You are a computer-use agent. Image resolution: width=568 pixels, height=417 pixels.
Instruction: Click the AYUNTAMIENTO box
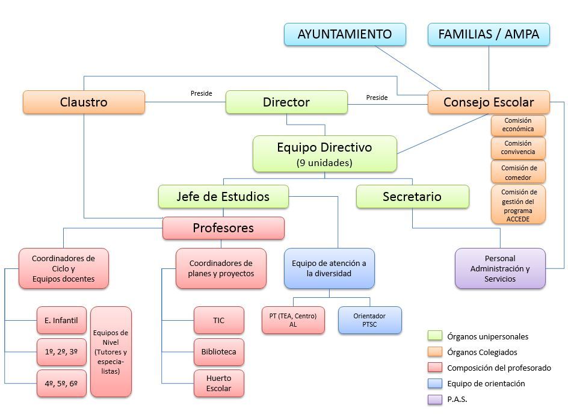click(x=345, y=34)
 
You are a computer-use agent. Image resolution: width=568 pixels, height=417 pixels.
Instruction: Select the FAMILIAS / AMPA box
click(x=489, y=34)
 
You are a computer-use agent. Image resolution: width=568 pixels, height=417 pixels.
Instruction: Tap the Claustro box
click(x=84, y=102)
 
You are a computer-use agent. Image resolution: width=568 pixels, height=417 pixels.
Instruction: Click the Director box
click(x=286, y=102)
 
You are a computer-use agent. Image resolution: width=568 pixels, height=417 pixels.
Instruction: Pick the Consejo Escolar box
click(x=489, y=102)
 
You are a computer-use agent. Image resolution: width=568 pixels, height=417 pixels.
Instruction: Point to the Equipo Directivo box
click(x=324, y=153)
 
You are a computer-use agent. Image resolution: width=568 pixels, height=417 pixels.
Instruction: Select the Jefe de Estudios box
click(x=223, y=197)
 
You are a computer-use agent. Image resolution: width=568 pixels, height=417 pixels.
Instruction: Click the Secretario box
click(x=412, y=197)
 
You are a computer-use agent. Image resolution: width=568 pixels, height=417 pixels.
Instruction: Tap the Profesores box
click(x=223, y=228)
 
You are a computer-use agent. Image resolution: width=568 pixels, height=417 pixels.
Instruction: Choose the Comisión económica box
click(x=518, y=125)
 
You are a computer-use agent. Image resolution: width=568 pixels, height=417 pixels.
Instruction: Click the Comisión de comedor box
click(x=518, y=173)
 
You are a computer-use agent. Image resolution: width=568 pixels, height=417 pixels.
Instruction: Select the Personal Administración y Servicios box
click(x=500, y=268)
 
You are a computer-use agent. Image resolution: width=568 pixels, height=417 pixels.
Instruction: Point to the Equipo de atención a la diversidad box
click(x=329, y=268)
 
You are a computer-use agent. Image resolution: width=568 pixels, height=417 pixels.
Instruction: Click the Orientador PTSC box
click(x=369, y=320)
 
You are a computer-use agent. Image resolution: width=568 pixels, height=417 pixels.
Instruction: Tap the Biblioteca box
click(x=218, y=352)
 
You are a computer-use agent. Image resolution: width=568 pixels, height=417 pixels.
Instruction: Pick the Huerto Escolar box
click(x=218, y=383)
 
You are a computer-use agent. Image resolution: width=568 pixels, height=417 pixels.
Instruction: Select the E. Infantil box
click(x=61, y=321)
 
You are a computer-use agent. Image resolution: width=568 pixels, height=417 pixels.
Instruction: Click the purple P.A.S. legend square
click(x=434, y=399)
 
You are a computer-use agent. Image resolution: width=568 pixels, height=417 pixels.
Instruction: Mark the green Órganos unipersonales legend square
click(x=434, y=336)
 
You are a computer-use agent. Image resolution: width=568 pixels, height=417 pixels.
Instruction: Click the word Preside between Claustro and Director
click(x=201, y=93)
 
